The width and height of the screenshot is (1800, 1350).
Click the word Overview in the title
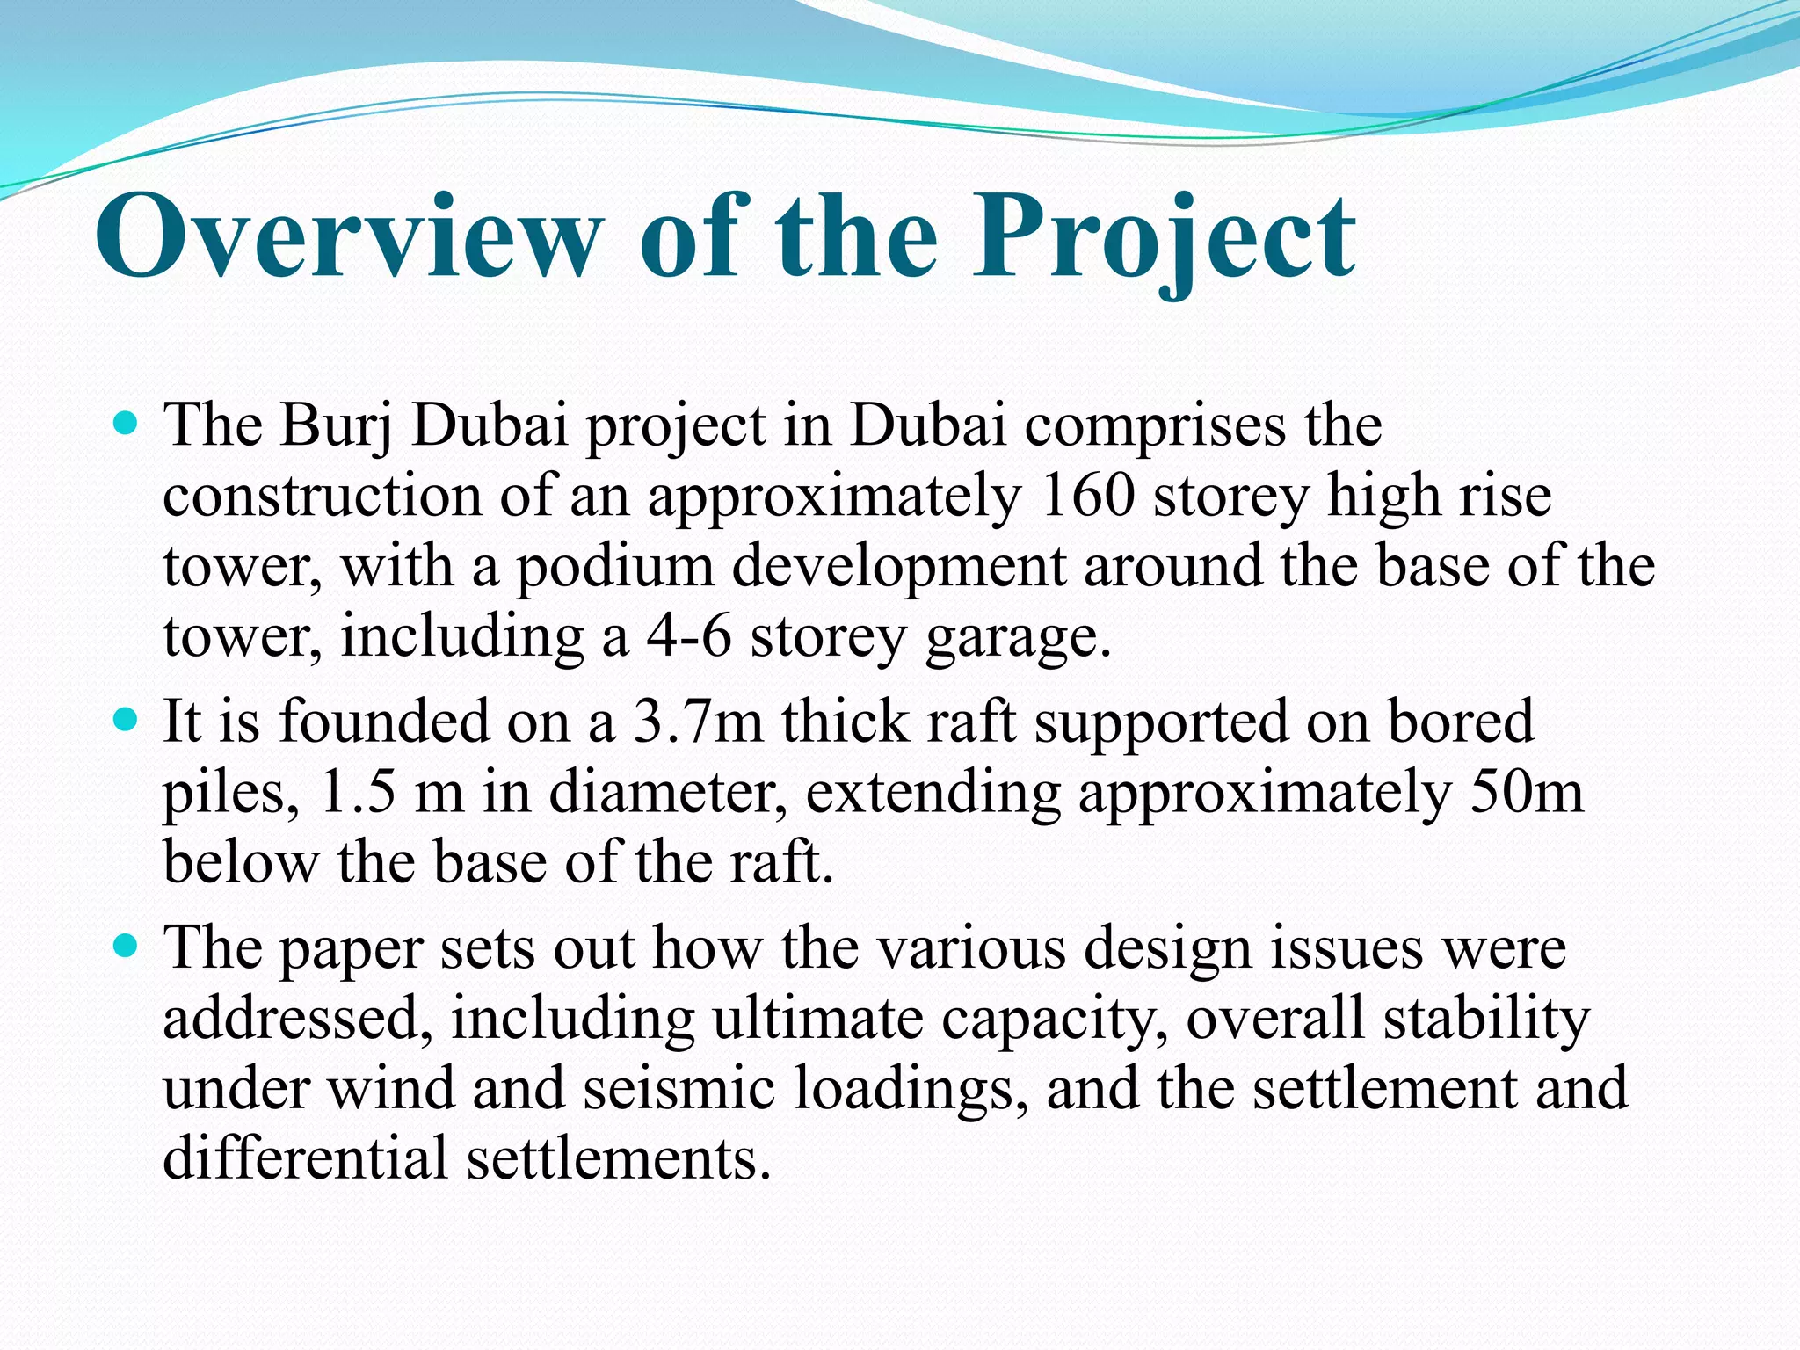[x=349, y=237]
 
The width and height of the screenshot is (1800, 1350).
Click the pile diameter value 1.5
[x=358, y=793]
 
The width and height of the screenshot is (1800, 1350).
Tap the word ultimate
[x=817, y=1020]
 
